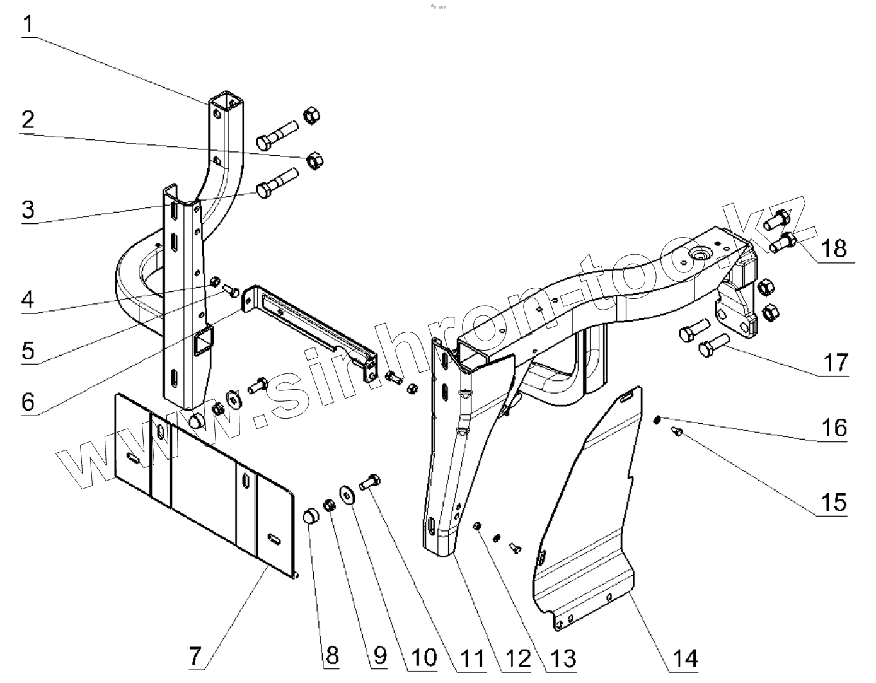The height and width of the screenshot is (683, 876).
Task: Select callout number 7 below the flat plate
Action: tap(195, 657)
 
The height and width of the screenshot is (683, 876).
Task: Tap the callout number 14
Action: tap(684, 658)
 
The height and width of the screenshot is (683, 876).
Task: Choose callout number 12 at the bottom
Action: tap(519, 658)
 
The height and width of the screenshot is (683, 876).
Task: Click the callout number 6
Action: tap(28, 401)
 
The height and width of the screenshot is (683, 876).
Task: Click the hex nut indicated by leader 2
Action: tap(314, 160)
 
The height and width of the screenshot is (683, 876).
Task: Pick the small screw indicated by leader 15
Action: tap(678, 432)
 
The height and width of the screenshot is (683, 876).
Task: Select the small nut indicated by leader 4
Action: tap(214, 281)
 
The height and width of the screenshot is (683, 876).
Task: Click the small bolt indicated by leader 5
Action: tap(232, 291)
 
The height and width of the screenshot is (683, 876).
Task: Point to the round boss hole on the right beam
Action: tap(700, 254)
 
